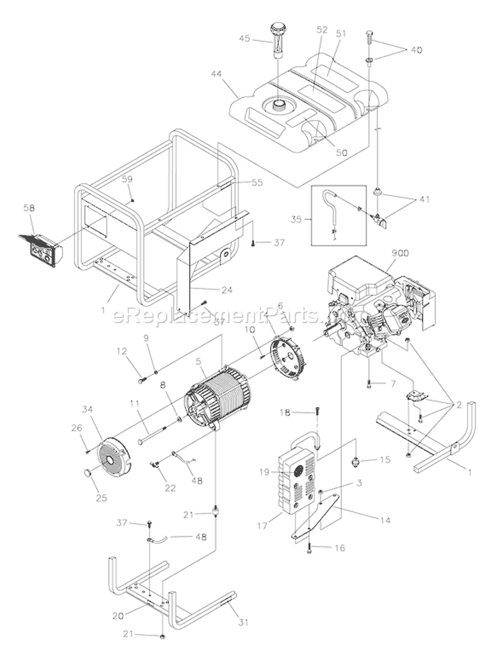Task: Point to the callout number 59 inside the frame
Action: pyautogui.click(x=127, y=179)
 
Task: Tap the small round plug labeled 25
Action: pyautogui.click(x=89, y=474)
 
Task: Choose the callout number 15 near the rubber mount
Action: pyautogui.click(x=384, y=459)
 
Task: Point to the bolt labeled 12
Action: pyautogui.click(x=142, y=380)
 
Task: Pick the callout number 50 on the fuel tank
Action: pyautogui.click(x=341, y=152)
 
